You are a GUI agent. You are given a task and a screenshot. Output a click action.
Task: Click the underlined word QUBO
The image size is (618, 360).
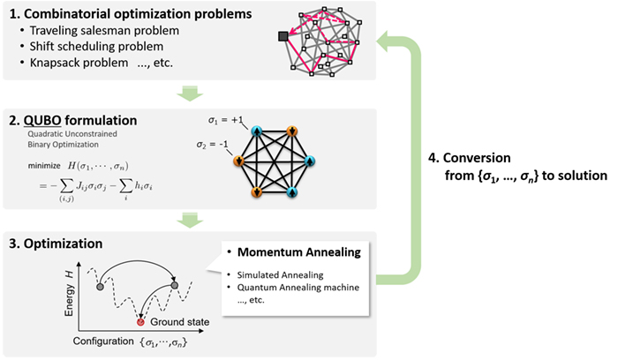pyautogui.click(x=49, y=124)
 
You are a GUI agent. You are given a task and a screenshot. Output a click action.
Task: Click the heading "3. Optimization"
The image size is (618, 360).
pyautogui.click(x=66, y=241)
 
